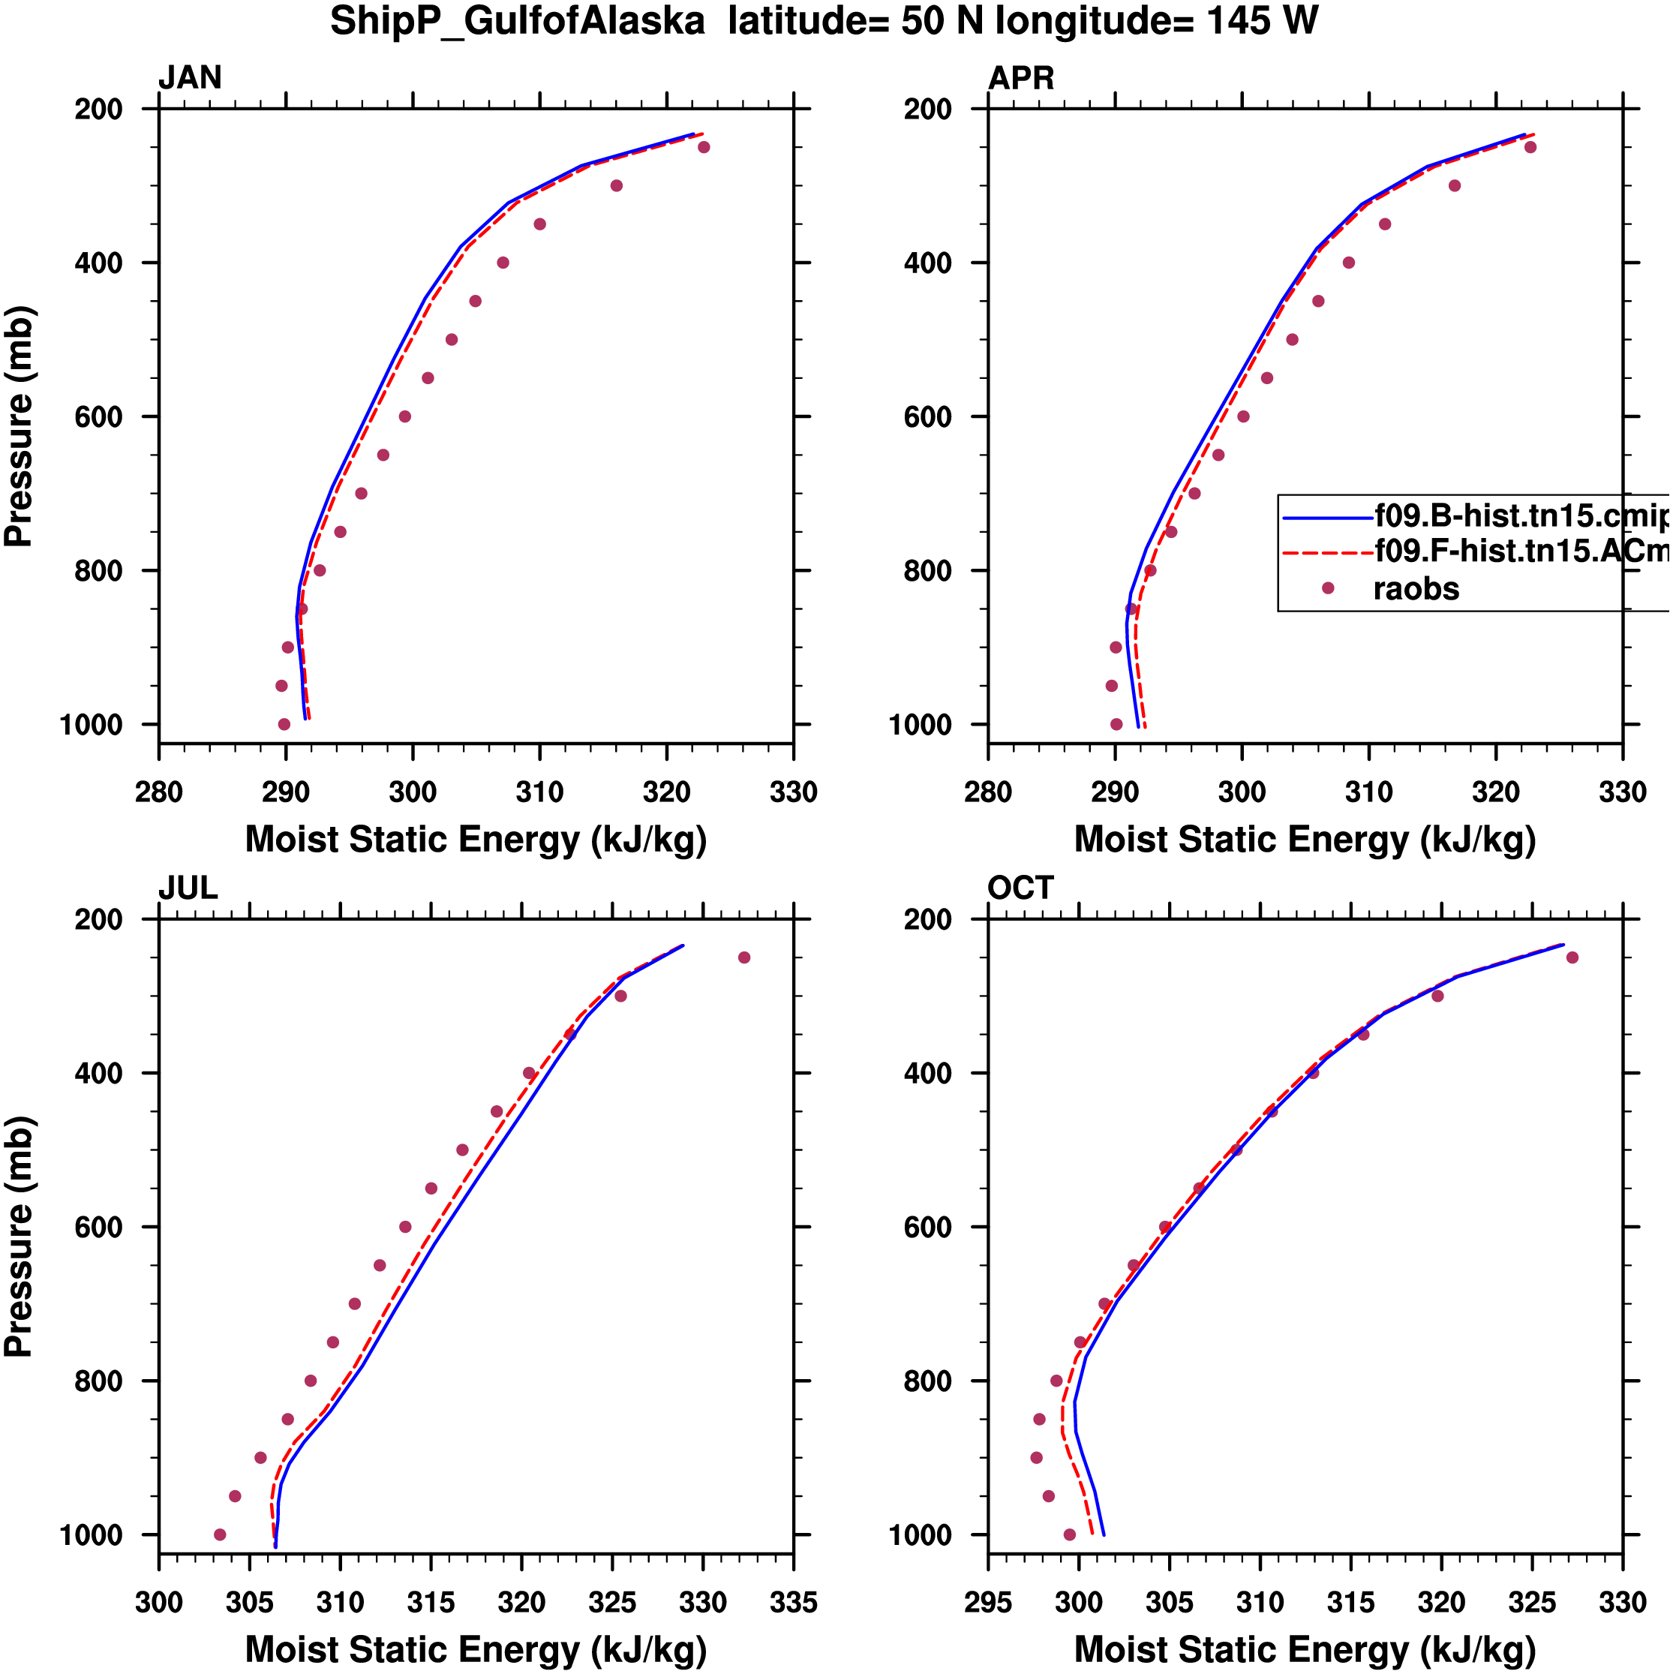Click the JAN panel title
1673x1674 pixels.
(x=190, y=78)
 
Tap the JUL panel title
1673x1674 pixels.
(x=187, y=888)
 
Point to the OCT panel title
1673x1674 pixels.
(x=1020, y=888)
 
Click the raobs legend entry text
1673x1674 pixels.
(x=1416, y=589)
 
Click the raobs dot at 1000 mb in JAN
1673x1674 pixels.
(x=284, y=724)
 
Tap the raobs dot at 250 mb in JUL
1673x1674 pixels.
(x=744, y=957)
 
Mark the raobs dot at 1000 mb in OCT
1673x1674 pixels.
(x=1069, y=1534)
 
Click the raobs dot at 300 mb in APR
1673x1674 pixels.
(x=1455, y=185)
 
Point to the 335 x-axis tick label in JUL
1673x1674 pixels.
(x=793, y=1602)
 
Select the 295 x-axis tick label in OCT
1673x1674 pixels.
(x=988, y=1602)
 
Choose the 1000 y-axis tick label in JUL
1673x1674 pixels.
(x=92, y=1535)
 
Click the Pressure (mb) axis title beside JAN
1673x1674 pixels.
(x=19, y=425)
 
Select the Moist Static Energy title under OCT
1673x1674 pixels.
(x=1305, y=1650)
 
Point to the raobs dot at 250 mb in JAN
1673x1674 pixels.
(x=704, y=147)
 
